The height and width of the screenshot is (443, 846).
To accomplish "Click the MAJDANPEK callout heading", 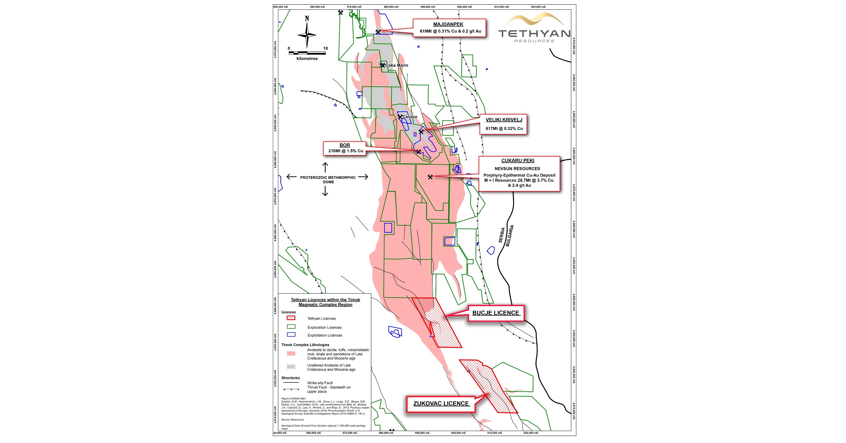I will (x=448, y=24).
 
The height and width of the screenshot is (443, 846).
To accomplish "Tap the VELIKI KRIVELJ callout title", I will (x=504, y=120).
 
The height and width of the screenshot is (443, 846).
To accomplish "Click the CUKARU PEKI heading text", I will (x=518, y=161).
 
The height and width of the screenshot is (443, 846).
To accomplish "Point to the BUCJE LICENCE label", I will (x=496, y=313).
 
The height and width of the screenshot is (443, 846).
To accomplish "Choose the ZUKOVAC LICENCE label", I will (x=441, y=404).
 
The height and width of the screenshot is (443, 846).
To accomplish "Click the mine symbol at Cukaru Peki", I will (x=430, y=177).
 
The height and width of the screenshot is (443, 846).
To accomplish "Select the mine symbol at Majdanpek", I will (x=378, y=32).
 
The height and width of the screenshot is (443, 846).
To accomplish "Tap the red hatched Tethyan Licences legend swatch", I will (x=291, y=318).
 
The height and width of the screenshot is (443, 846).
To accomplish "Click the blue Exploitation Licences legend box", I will (x=291, y=335).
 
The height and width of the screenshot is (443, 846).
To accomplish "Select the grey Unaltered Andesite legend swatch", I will (x=291, y=366).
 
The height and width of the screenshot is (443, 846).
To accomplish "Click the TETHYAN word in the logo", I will (x=534, y=34).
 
